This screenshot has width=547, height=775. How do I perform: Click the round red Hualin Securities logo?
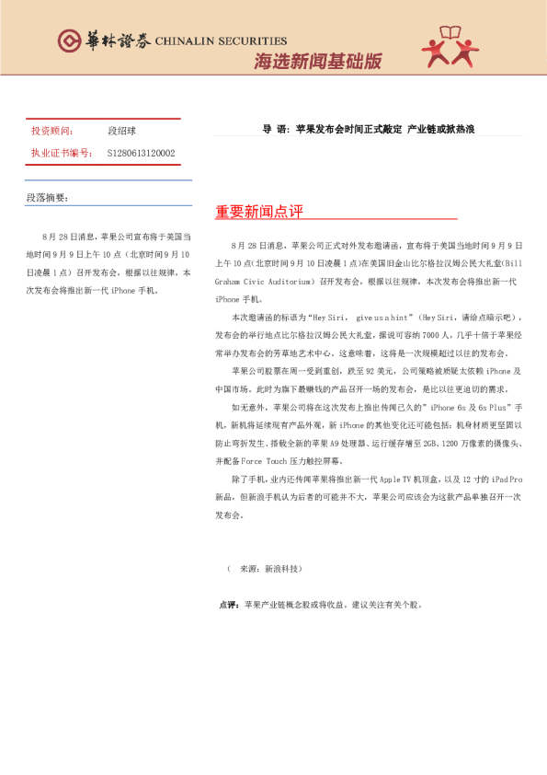tap(69, 40)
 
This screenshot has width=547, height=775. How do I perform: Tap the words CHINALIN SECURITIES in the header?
tap(222, 41)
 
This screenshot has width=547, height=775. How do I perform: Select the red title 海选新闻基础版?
tap(317, 62)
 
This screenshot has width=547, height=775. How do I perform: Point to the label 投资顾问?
tap(52, 132)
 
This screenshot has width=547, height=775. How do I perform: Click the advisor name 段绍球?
tap(122, 132)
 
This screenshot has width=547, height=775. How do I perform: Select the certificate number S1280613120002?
tap(142, 153)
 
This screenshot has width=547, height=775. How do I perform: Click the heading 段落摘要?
tap(47, 198)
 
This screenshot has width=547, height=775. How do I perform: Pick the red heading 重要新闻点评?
tap(259, 212)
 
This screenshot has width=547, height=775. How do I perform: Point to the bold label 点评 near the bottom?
tap(228, 605)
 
